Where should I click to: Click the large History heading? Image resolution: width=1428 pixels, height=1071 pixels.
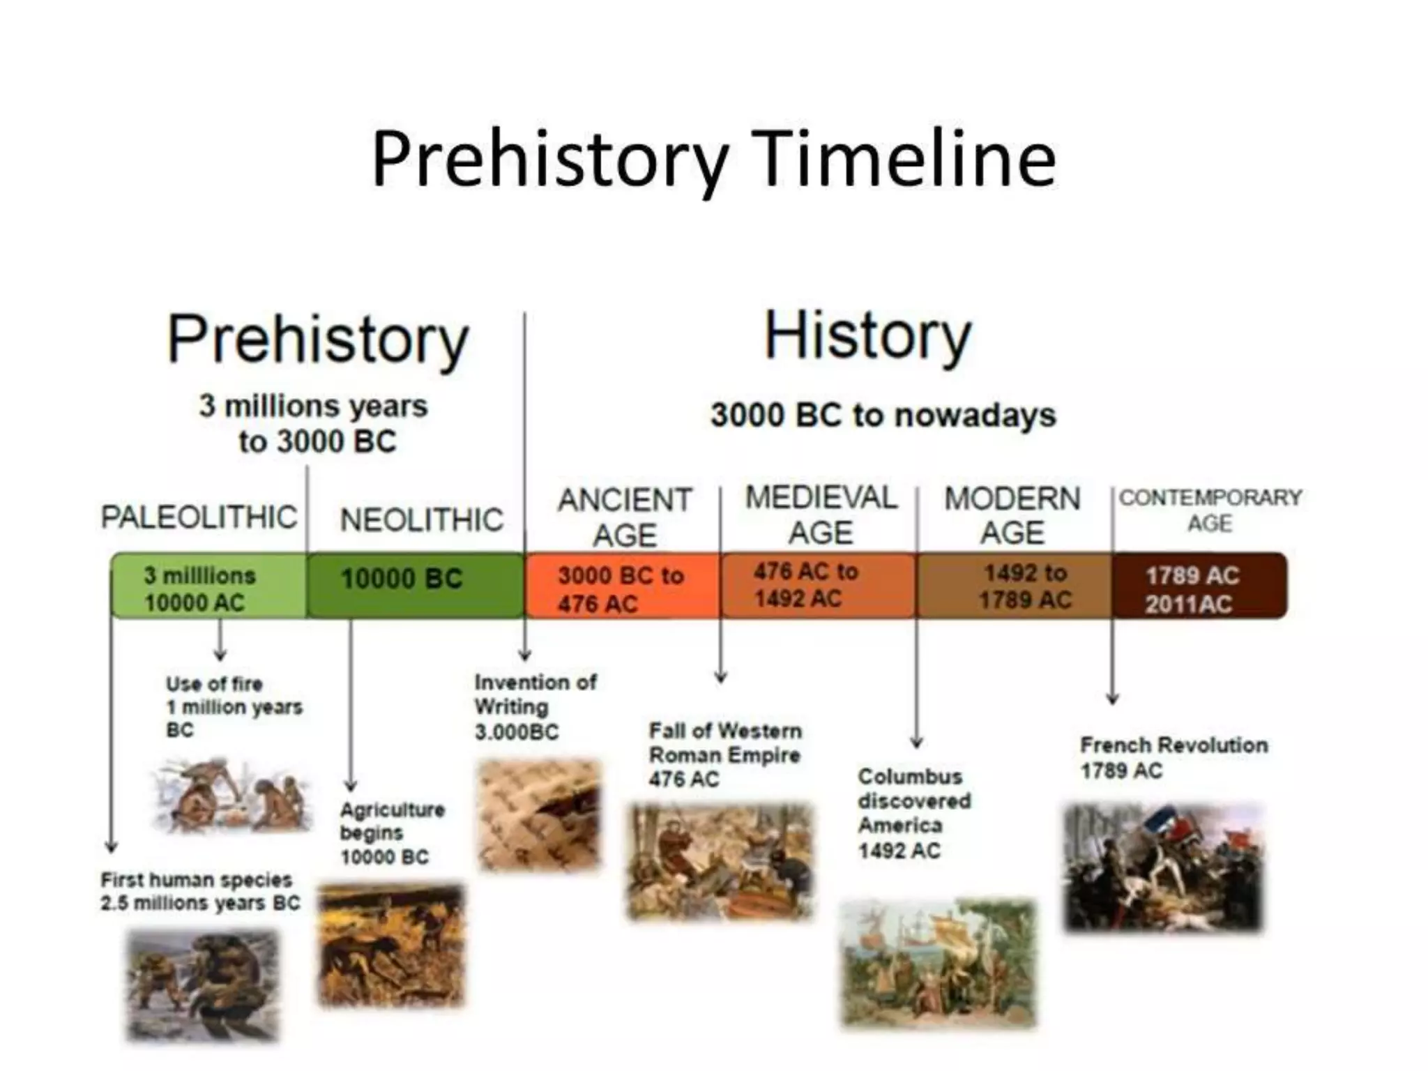(867, 337)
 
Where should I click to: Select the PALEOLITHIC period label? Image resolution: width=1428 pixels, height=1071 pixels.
(199, 517)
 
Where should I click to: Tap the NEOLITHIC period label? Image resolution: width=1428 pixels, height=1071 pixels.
(421, 520)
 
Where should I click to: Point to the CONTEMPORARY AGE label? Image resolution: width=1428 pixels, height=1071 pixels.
(1210, 510)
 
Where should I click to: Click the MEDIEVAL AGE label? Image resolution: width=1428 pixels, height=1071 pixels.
(821, 515)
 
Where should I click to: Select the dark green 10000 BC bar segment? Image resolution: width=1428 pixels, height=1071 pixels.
(416, 586)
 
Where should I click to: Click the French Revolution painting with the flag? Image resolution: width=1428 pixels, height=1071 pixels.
(1163, 868)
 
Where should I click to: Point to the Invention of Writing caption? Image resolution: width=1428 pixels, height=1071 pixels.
(535, 706)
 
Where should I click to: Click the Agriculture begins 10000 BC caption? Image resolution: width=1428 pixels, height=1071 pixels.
(392, 833)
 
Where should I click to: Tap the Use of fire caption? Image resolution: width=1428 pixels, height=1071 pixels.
(234, 706)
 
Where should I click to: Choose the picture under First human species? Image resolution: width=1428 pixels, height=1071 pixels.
(202, 985)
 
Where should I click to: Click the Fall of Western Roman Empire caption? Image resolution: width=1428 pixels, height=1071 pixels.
(725, 755)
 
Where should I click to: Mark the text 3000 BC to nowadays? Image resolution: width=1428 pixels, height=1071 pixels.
(883, 416)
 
